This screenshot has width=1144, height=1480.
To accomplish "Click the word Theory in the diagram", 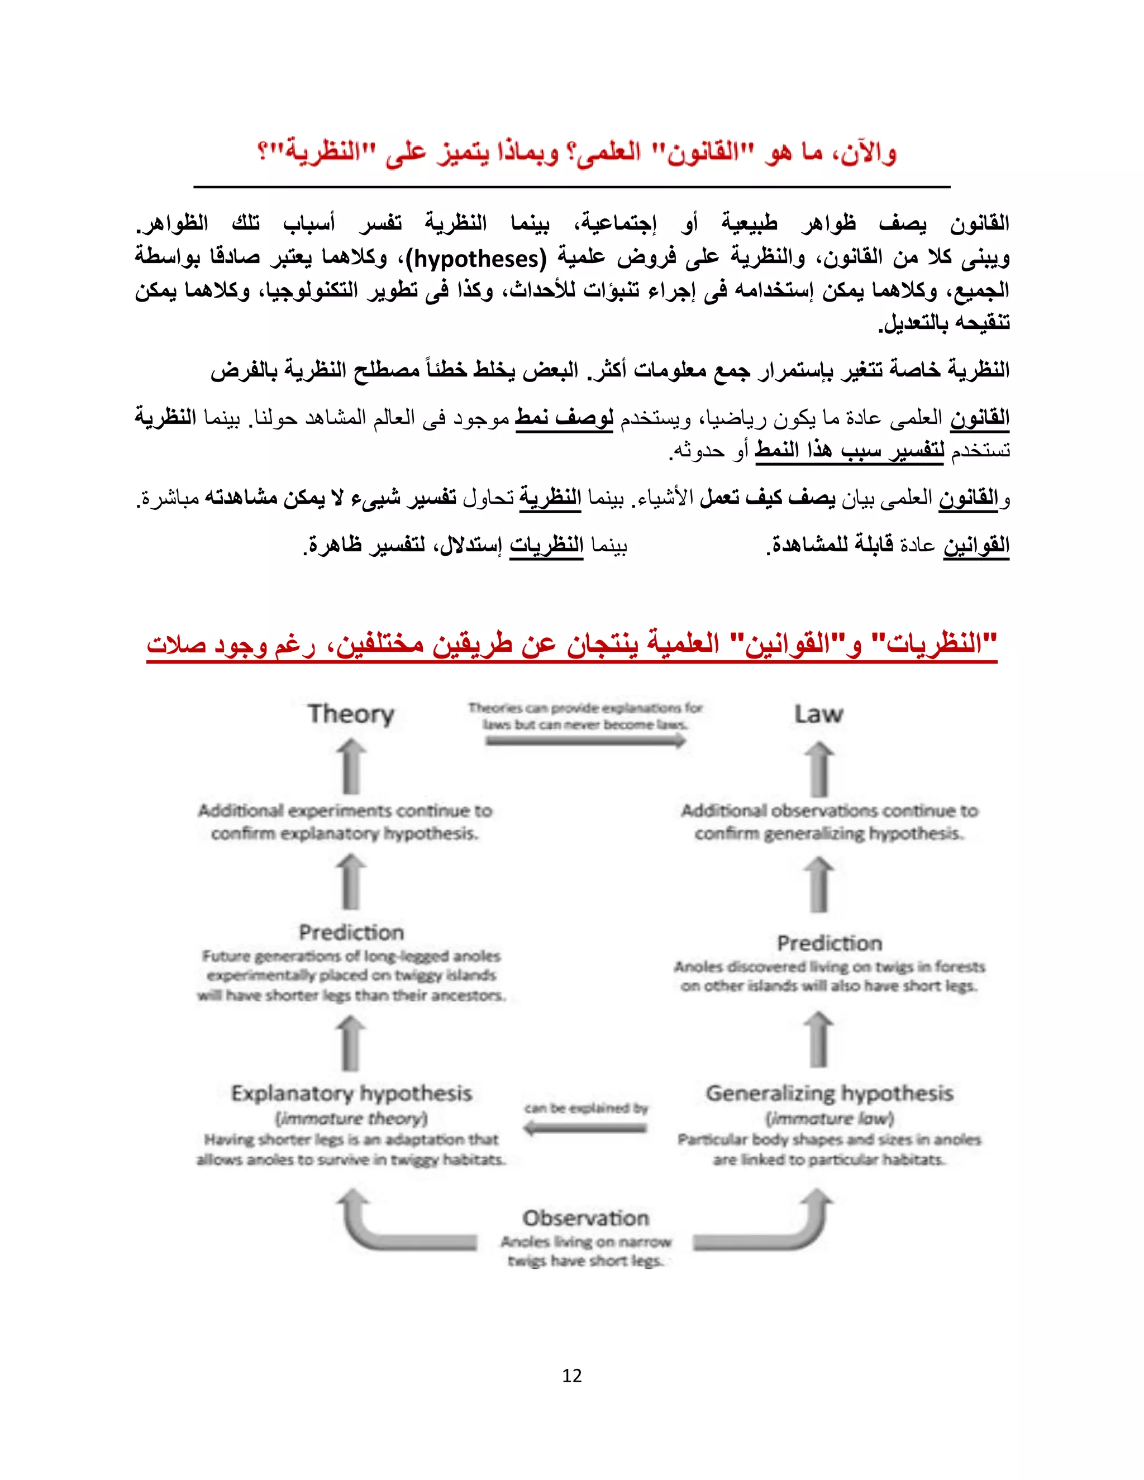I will click(350, 714).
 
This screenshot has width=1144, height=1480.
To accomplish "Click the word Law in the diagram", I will click(819, 714).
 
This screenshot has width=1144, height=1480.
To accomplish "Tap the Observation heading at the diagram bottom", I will click(585, 1218).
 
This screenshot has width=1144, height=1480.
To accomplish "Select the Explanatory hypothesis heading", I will click(351, 1093).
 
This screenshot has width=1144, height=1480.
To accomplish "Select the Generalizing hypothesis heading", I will click(830, 1093).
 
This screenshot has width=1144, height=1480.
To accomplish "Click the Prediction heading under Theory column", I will click(351, 933).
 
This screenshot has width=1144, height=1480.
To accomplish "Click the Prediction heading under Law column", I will click(830, 943).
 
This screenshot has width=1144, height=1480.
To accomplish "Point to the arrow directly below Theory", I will click(351, 767).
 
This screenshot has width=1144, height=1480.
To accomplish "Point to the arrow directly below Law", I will click(819, 769).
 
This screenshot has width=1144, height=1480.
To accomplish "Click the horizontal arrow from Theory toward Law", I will click(585, 741).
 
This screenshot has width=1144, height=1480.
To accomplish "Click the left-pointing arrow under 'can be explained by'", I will click(585, 1128).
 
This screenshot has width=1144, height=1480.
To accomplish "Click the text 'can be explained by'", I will click(585, 1109).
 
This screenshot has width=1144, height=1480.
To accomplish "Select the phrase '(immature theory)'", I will click(351, 1118).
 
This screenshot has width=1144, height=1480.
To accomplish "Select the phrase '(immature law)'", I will click(830, 1118).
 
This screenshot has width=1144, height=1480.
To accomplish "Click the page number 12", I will click(572, 1375).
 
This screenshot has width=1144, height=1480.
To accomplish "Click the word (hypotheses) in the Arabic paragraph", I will click(480, 258).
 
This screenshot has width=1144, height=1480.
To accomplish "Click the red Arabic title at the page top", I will click(576, 152).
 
